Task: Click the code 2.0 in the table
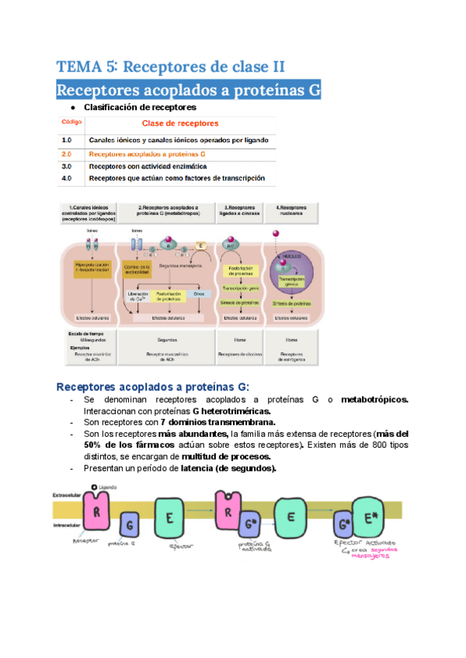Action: (67, 154)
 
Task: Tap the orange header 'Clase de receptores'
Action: (179, 123)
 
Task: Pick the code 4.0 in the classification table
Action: (67, 178)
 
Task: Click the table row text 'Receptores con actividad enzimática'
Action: (148, 166)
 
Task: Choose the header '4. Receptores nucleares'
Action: (291, 209)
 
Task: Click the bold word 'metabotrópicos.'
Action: (374, 399)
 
